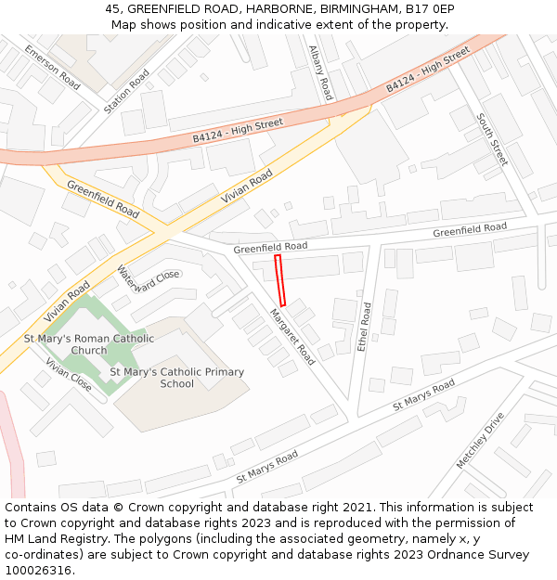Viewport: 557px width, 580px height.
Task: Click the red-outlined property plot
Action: coord(281,280)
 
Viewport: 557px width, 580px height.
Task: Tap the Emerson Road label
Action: coord(52,67)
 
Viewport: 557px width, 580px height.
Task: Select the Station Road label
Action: coord(126,91)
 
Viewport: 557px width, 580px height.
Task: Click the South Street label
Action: coord(493,139)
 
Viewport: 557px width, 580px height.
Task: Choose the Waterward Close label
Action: coord(148,278)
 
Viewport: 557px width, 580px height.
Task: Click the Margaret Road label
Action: coord(292,336)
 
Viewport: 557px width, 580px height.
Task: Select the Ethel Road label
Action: coord(365,326)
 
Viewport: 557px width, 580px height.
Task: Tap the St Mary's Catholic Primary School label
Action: coord(176,378)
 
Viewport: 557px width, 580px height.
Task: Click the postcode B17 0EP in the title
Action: coord(430,9)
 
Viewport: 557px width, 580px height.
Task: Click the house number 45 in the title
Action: coord(112,9)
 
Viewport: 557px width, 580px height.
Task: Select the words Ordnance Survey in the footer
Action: coord(483,555)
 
